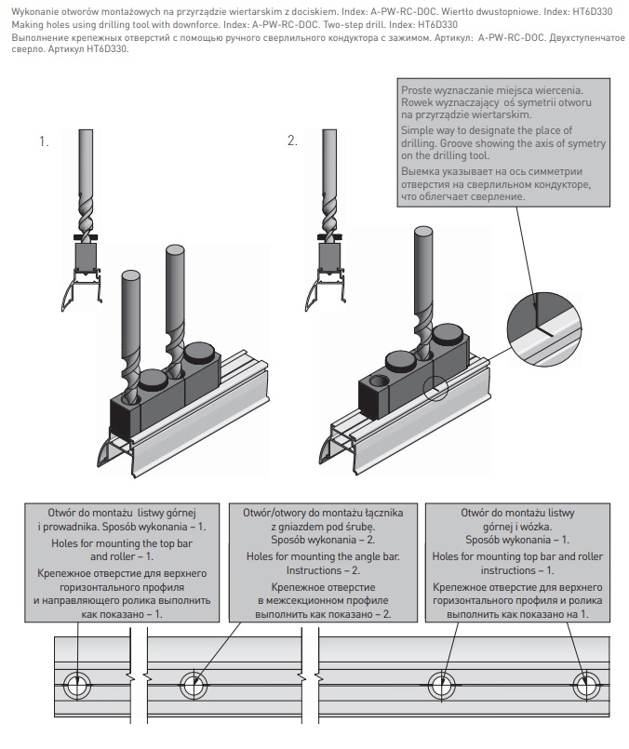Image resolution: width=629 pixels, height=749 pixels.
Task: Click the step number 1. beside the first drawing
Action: click(x=43, y=141)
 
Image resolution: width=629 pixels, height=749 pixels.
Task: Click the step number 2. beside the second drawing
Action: click(x=293, y=141)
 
